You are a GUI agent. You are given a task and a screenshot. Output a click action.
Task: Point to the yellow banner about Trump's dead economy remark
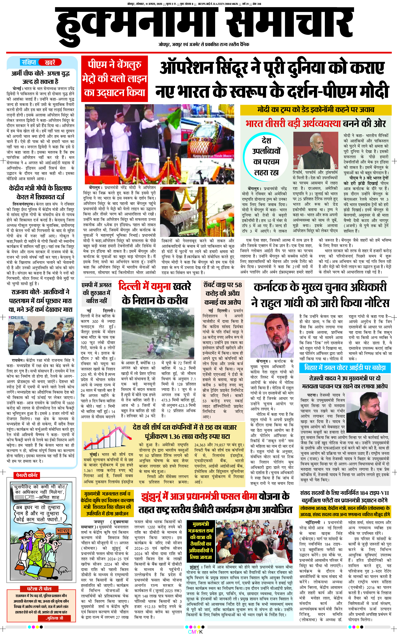point(316,110)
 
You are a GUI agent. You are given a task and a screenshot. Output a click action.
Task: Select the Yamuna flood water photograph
point(158,333)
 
